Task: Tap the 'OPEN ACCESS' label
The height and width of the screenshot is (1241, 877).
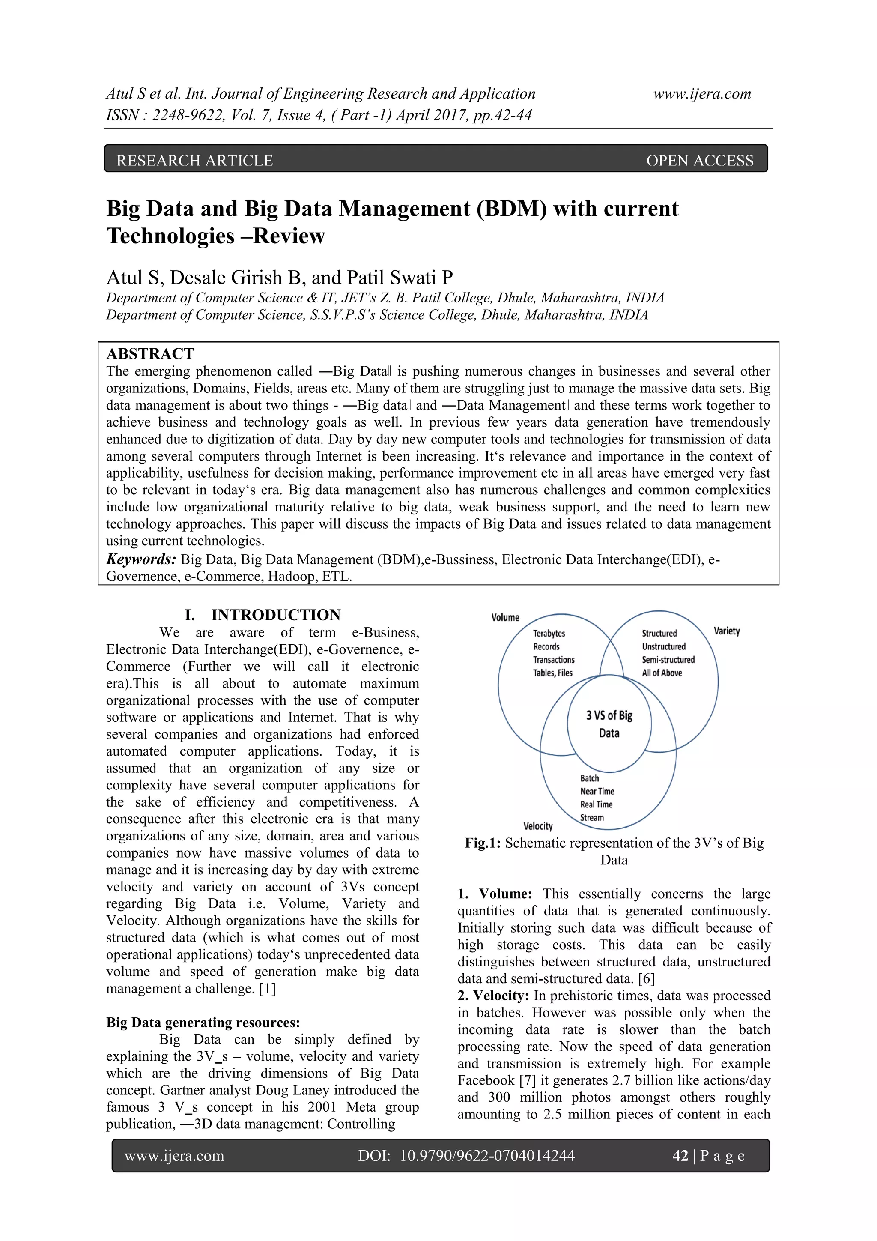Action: pos(699,161)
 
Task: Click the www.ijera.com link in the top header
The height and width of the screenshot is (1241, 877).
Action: pos(702,94)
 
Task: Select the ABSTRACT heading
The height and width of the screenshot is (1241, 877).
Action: pos(150,353)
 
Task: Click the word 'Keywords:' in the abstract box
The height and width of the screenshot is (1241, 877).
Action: pos(141,559)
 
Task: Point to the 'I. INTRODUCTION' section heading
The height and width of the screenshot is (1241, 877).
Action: pos(263,615)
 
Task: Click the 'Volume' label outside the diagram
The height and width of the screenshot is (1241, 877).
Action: pos(505,617)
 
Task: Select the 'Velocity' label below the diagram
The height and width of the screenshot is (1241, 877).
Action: pos(538,826)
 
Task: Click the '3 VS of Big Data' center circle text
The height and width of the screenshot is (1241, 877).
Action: pos(609,724)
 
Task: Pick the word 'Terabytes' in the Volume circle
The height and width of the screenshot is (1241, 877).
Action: pos(549,634)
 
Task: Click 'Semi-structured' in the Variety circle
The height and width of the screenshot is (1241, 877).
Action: pos(668,659)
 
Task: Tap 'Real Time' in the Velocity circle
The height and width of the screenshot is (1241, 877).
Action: pos(596,804)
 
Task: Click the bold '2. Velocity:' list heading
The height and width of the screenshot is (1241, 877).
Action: pos(493,996)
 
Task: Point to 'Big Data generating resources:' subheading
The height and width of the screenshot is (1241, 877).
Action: pos(203,1022)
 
